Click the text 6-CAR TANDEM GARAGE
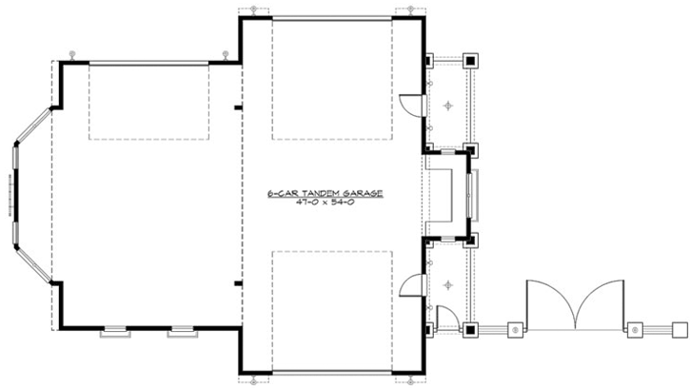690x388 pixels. tap(325, 193)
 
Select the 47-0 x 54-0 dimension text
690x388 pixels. tap(325, 204)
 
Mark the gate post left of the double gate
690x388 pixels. tap(515, 329)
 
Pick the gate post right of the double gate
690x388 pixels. tap(635, 329)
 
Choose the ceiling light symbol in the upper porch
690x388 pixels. tap(449, 103)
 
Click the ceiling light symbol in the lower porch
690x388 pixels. tap(449, 282)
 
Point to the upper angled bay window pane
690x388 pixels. tap(31, 125)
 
